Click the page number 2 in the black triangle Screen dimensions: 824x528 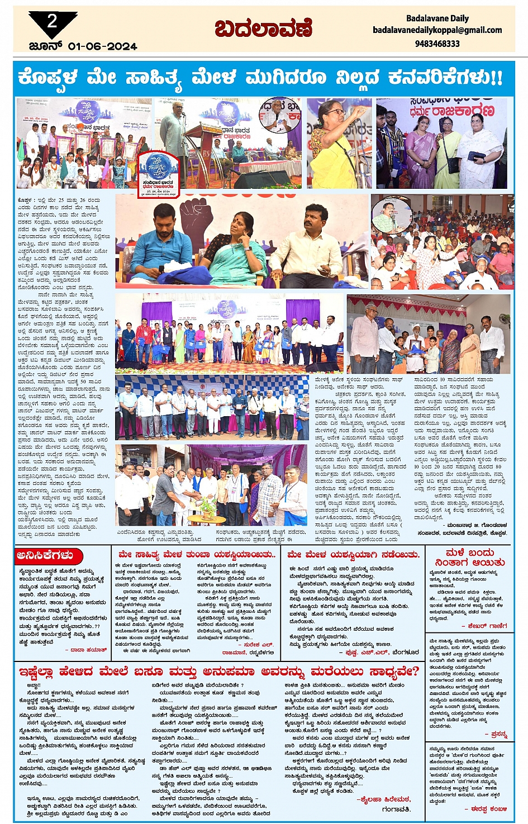coord(52,22)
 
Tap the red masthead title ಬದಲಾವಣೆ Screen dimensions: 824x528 coord(263,29)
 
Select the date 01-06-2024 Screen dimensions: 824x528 coord(102,46)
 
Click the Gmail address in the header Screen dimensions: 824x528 coord(437,30)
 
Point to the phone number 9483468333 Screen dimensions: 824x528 coord(437,44)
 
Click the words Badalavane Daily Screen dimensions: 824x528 coord(437,18)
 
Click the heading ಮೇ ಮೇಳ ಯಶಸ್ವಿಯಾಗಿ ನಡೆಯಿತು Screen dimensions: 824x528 coord(353,555)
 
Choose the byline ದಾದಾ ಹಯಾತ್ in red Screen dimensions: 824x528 coord(88,650)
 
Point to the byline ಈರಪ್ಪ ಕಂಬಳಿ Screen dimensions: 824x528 coord(488,808)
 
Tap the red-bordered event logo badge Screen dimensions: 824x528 coord(159,174)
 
